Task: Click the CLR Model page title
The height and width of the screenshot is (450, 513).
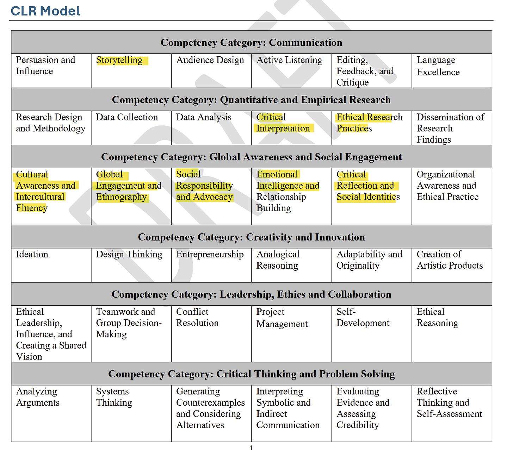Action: tap(45, 11)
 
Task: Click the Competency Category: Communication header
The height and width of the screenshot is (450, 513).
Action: tap(251, 43)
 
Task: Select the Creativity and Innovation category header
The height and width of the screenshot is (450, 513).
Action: tap(251, 237)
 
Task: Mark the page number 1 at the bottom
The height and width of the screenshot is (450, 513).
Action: tap(251, 448)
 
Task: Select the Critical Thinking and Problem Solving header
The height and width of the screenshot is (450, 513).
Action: tap(251, 374)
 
